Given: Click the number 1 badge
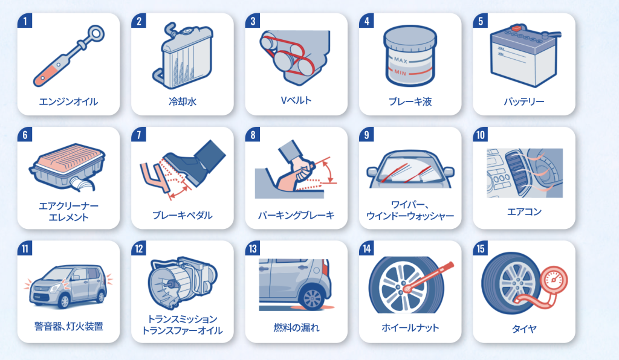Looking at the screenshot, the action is [25, 21].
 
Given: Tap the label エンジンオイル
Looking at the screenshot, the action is [68, 101].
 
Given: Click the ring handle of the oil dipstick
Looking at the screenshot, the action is [96, 33].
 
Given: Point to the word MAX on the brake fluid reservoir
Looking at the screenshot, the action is [400, 60].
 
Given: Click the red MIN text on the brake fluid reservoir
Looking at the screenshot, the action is [400, 72].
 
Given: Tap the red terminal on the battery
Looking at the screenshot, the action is [516, 28].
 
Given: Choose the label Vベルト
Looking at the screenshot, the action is [296, 100].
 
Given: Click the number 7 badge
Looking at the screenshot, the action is [138, 135].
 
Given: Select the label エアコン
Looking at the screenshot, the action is [524, 212].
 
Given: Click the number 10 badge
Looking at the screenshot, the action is [480, 135].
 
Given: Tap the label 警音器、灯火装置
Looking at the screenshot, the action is [69, 327].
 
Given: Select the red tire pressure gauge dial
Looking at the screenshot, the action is [553, 280].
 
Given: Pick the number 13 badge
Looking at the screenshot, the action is [253, 248].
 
